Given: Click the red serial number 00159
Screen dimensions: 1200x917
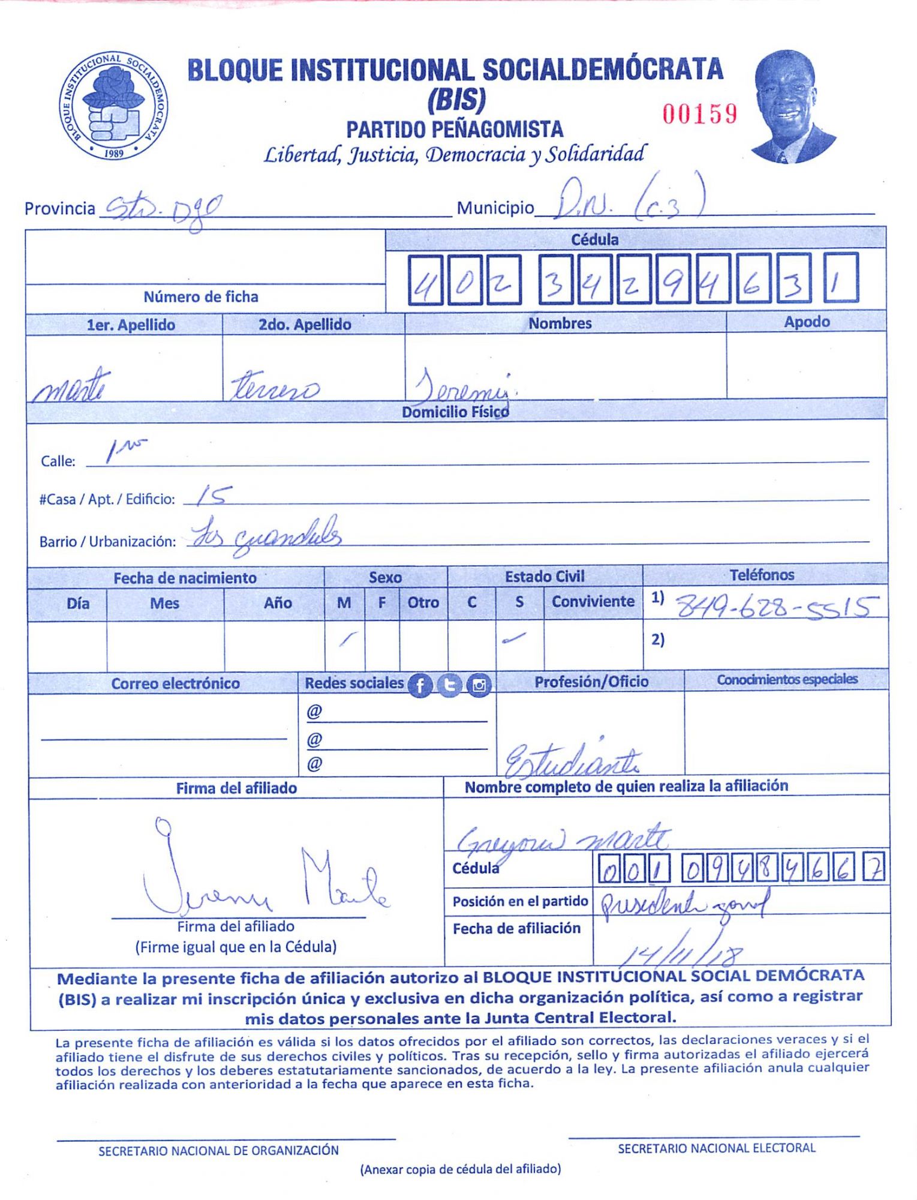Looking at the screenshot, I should click(699, 113).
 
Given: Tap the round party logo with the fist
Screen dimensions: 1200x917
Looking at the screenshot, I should click(113, 106).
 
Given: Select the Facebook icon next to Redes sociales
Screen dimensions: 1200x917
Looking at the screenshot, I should click(420, 685).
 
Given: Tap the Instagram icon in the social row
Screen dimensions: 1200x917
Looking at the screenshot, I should click(479, 685).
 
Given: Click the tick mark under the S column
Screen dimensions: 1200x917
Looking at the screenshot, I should click(514, 638).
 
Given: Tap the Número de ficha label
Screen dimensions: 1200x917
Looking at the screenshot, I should click(201, 297).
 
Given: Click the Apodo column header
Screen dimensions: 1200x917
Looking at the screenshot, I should click(807, 322).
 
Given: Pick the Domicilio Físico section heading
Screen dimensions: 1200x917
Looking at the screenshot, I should click(455, 412).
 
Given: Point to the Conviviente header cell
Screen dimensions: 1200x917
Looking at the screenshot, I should click(593, 601).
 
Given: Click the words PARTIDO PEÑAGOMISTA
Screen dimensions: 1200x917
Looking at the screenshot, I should click(455, 130).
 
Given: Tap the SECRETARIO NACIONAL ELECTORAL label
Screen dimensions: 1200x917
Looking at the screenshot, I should click(717, 1148).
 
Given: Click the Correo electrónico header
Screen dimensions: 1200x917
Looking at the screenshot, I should click(175, 683).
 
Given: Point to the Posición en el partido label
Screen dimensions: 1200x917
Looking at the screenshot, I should click(520, 901).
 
